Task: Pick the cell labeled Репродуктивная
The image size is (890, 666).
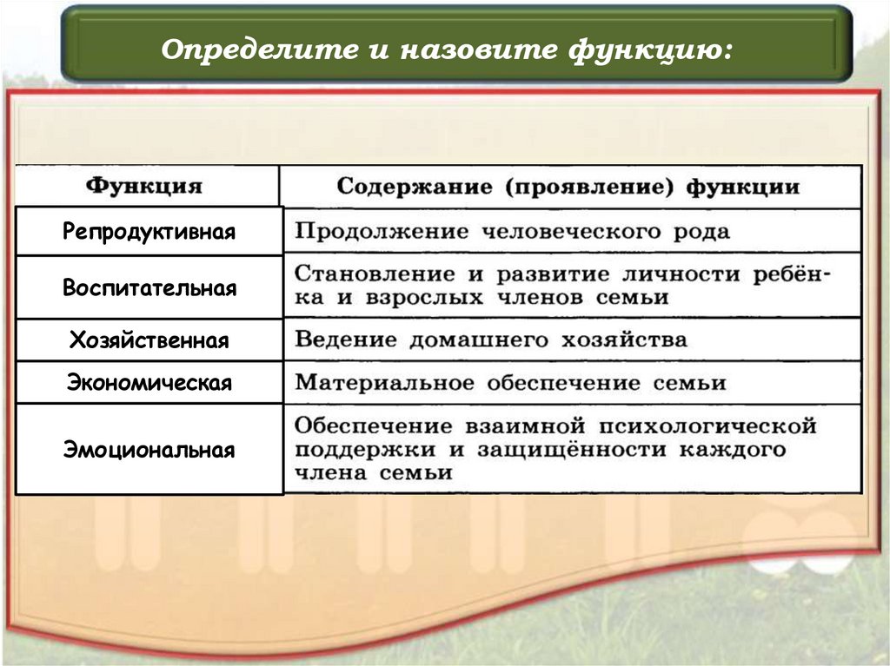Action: tap(149, 232)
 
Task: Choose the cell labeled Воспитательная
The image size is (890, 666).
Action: tap(149, 288)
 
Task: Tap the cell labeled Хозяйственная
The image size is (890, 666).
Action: tap(149, 340)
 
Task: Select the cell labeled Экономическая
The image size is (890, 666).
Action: tap(149, 383)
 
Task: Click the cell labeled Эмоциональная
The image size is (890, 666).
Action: tap(149, 450)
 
